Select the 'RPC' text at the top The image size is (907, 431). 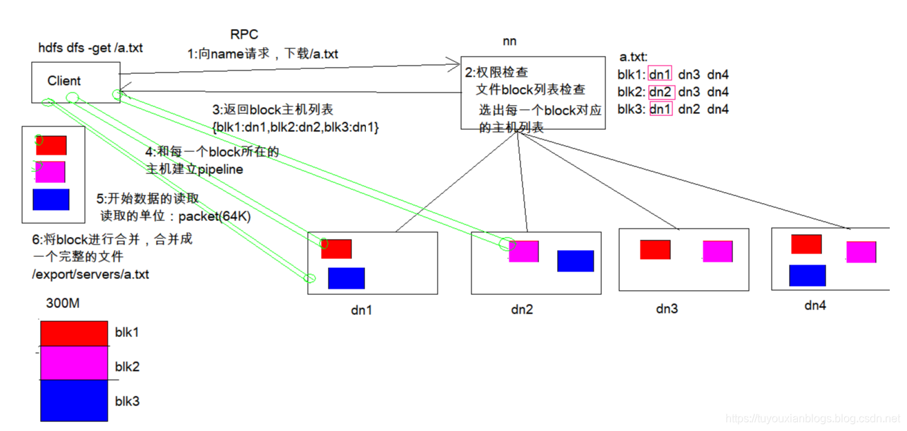pyautogui.click(x=244, y=35)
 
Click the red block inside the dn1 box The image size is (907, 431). pyautogui.click(x=336, y=249)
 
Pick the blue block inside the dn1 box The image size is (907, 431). pyautogui.click(x=346, y=278)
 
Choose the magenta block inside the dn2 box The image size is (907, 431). pyautogui.click(x=524, y=251)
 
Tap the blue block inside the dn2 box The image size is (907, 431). pyautogui.click(x=575, y=260)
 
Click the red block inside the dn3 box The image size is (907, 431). pyautogui.click(x=655, y=249)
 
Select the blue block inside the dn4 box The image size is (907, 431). pyautogui.click(x=807, y=275)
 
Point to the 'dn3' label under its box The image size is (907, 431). pyautogui.click(x=666, y=309)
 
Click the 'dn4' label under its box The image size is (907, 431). pyautogui.click(x=815, y=305)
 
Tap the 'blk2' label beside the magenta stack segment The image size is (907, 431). pyautogui.click(x=127, y=366)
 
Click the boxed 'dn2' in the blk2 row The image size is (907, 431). pyautogui.click(x=660, y=92)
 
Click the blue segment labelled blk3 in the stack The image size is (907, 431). pyautogui.click(x=74, y=400)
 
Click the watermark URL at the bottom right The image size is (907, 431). pyautogui.click(x=813, y=419)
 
